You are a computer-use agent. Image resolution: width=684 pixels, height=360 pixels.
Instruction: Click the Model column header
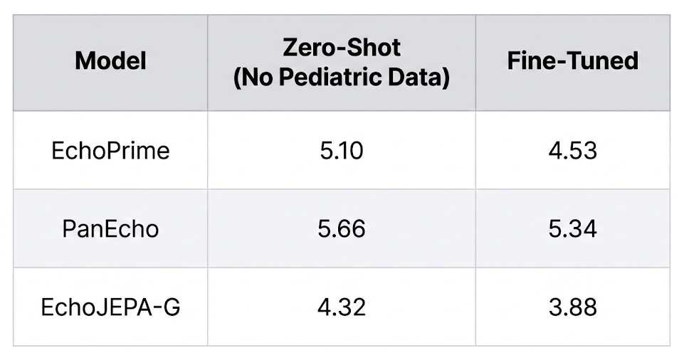point(110,60)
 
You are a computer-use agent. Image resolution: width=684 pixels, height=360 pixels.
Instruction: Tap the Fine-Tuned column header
point(572,60)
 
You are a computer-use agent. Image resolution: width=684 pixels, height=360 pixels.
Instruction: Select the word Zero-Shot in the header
point(342,48)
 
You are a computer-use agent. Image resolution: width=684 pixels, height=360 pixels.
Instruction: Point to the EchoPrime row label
point(110,151)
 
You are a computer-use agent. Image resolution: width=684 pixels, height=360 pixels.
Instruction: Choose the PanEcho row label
point(110,229)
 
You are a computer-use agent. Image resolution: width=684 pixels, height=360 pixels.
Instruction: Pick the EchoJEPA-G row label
point(110,307)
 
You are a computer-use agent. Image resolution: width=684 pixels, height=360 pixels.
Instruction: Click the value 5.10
point(342,151)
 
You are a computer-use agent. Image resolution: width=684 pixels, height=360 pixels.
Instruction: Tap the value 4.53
point(572,151)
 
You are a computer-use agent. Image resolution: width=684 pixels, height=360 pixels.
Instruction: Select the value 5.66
point(342,229)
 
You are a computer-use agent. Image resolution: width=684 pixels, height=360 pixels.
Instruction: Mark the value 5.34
point(572,229)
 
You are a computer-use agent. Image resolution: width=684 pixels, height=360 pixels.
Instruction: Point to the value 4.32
point(342,307)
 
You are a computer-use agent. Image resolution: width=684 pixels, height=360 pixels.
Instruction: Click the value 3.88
point(572,307)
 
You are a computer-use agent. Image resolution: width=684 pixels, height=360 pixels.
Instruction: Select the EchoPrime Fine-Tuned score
point(572,151)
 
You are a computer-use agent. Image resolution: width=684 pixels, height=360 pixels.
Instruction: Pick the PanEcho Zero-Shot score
point(342,229)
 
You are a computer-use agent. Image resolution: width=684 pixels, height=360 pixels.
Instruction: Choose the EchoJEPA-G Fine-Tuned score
point(572,307)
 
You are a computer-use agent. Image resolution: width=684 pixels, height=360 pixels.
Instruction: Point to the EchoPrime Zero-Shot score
point(342,151)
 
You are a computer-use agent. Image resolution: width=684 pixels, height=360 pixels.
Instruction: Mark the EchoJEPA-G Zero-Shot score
point(342,307)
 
